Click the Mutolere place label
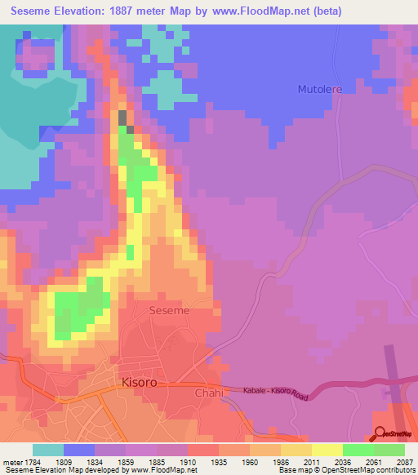pyautogui.click(x=319, y=88)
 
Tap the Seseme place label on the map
pyautogui.click(x=170, y=311)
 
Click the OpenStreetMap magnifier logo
pyautogui.click(x=380, y=433)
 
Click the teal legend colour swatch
pyautogui.click(x=48, y=449)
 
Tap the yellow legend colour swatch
pyautogui.click(x=327, y=449)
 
